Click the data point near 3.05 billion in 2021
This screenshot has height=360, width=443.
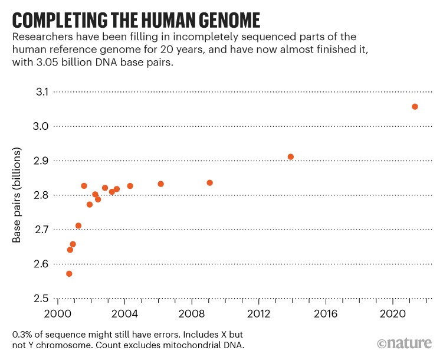point(415,107)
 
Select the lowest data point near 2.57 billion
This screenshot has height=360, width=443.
point(69,274)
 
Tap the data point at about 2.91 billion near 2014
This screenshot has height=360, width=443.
point(290,157)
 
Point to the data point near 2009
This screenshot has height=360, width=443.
point(209,183)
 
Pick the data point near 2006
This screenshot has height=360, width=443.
point(160,184)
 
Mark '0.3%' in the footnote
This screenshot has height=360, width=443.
point(21,335)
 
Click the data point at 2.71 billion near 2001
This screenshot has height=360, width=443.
point(78,226)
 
